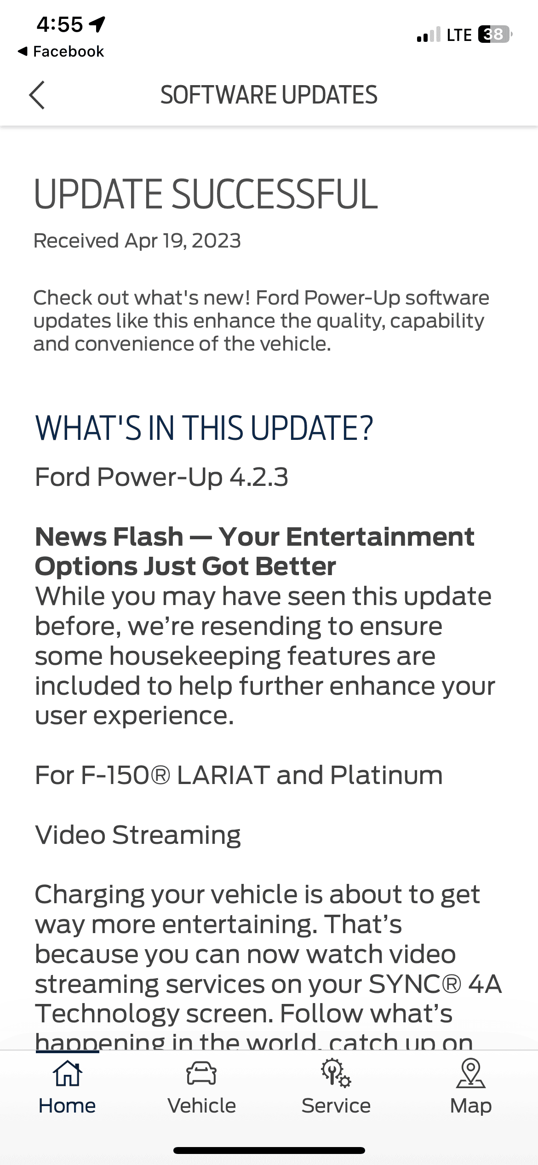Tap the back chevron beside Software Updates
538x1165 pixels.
[37, 95]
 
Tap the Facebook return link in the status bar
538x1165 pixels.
[61, 51]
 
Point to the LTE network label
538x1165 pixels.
[459, 35]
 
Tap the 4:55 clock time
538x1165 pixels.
[60, 24]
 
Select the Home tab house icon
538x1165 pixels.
[67, 1073]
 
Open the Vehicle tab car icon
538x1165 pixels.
[201, 1073]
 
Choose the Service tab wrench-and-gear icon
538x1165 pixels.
[336, 1073]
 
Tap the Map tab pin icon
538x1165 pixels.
[471, 1073]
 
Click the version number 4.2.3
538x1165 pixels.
[259, 477]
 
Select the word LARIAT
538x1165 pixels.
[223, 775]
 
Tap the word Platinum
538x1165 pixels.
[386, 775]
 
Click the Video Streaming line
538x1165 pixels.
[138, 835]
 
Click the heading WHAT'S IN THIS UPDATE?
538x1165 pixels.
[204, 427]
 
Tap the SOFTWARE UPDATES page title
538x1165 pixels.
[269, 95]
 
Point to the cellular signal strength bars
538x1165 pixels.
[428, 35]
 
